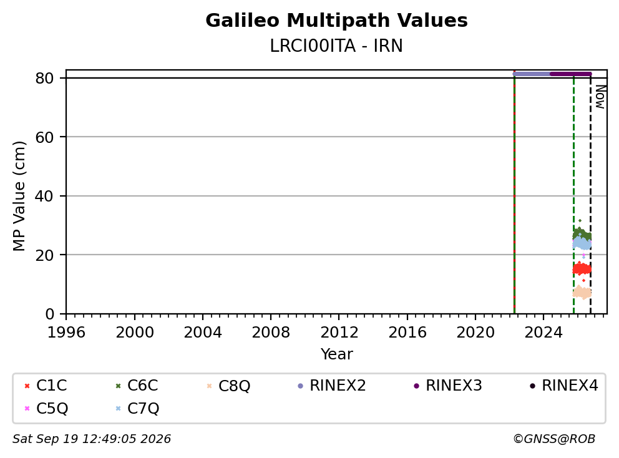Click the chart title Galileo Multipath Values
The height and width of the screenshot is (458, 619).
[x=336, y=21]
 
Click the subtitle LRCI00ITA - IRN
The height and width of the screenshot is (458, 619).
[x=336, y=46]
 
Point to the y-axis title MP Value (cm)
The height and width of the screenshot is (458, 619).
[x=19, y=196]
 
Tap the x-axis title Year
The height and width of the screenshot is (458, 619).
[x=336, y=354]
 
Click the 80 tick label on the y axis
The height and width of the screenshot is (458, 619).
[x=44, y=78]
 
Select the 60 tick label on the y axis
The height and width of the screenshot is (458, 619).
[x=44, y=137]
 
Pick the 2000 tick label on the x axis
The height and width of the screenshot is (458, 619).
[x=135, y=333]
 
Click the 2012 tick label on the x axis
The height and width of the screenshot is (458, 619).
[x=339, y=333]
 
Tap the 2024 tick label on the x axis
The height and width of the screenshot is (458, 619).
[x=543, y=333]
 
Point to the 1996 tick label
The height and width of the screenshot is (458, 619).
[x=66, y=333]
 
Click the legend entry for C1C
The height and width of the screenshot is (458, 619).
[x=46, y=386]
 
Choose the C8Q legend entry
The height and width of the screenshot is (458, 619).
[x=228, y=386]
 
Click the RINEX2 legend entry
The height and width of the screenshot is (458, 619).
[x=332, y=386]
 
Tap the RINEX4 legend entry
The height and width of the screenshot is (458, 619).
[x=564, y=386]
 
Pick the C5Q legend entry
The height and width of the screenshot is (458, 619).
[x=46, y=408]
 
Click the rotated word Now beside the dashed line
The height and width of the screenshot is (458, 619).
[x=600, y=97]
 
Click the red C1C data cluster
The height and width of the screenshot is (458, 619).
[x=582, y=270]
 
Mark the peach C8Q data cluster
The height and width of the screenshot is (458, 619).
[x=582, y=293]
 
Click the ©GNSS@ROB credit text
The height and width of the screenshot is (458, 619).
[x=554, y=439]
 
